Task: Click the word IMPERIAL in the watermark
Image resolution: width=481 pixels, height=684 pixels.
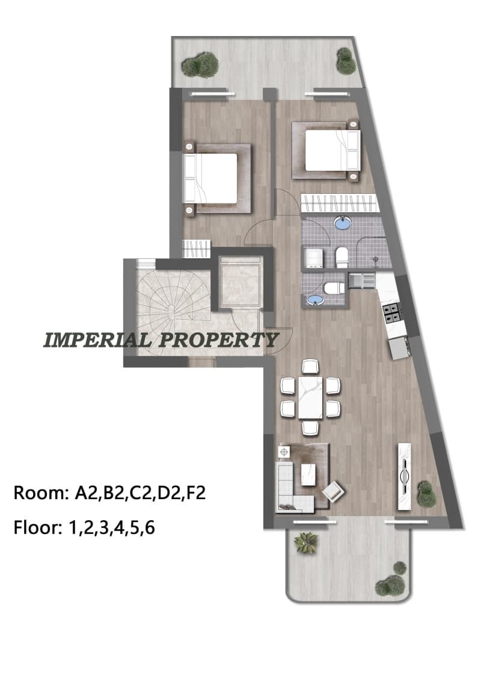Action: pyautogui.click(x=98, y=340)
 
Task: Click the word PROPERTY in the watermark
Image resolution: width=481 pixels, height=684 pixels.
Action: pyautogui.click(x=218, y=340)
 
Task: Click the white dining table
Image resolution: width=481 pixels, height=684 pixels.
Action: pyautogui.click(x=310, y=397)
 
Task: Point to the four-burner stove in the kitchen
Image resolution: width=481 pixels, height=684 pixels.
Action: pyautogui.click(x=391, y=312)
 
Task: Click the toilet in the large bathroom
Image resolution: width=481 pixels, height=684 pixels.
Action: pyautogui.click(x=341, y=257)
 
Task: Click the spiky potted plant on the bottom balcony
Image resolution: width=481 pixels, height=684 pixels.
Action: pyautogui.click(x=306, y=543)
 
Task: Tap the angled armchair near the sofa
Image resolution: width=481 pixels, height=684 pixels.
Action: pyautogui.click(x=333, y=491)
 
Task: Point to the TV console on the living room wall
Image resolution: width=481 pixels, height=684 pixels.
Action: pyautogui.click(x=404, y=476)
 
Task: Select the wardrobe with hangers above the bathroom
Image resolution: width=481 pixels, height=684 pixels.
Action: pyautogui.click(x=339, y=204)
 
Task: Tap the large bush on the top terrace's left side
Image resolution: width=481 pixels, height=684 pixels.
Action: pyautogui.click(x=200, y=64)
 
